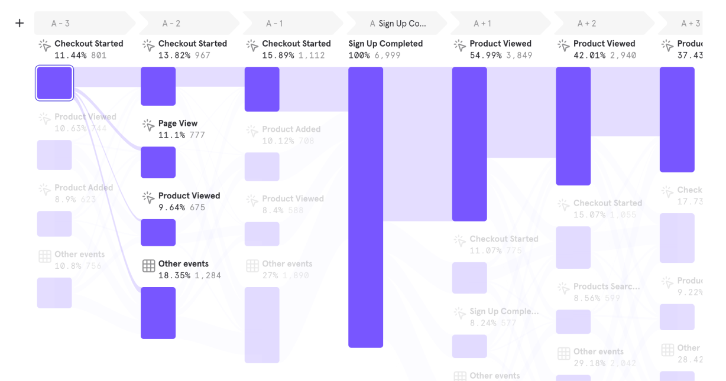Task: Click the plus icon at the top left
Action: pos(20,23)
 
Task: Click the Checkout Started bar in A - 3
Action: pos(54,83)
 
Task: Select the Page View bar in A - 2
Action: pos(158,162)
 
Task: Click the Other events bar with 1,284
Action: pos(158,313)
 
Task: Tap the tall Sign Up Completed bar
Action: pos(365,207)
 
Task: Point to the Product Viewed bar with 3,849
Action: pos(469,144)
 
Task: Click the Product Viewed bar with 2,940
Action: pos(573,126)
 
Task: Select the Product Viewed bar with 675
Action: pos(158,233)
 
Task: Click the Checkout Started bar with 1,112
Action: pos(262,89)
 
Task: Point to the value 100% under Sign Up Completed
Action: pos(359,56)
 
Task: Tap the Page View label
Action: pos(178,123)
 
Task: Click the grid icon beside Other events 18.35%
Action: pos(149,266)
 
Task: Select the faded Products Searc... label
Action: pos(607,286)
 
